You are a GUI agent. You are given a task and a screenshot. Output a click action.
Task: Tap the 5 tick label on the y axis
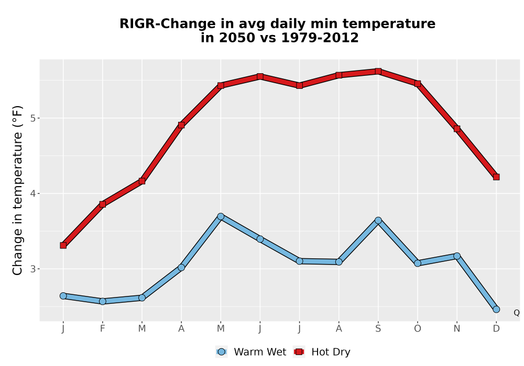pos(32,118)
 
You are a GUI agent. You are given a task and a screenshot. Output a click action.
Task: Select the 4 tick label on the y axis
pos(32,193)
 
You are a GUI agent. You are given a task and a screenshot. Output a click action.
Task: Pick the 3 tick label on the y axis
pos(32,269)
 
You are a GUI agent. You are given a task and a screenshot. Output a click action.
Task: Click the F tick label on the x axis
pos(103,329)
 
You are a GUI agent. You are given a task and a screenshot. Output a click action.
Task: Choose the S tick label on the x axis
pos(378,329)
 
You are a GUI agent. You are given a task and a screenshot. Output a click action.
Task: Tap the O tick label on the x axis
pos(418,329)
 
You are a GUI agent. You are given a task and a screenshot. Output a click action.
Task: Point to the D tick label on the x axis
pos(496,329)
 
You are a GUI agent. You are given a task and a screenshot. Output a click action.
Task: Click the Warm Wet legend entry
pos(250,352)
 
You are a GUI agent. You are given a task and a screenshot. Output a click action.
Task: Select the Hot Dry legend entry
pos(322,352)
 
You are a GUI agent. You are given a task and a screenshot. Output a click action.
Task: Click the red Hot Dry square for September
pos(378,71)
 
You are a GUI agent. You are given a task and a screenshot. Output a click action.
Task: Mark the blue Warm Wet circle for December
pos(496,310)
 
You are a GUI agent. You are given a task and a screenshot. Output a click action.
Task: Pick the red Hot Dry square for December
pos(496,177)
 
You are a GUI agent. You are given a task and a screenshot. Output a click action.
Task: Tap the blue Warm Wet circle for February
pos(103,301)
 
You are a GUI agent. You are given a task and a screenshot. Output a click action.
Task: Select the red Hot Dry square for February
pos(103,204)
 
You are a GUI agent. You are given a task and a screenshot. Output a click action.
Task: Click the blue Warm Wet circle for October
pos(418,264)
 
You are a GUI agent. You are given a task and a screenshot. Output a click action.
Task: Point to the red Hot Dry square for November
pos(457,129)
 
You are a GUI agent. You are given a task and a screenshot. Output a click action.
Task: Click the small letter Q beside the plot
pos(517,313)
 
